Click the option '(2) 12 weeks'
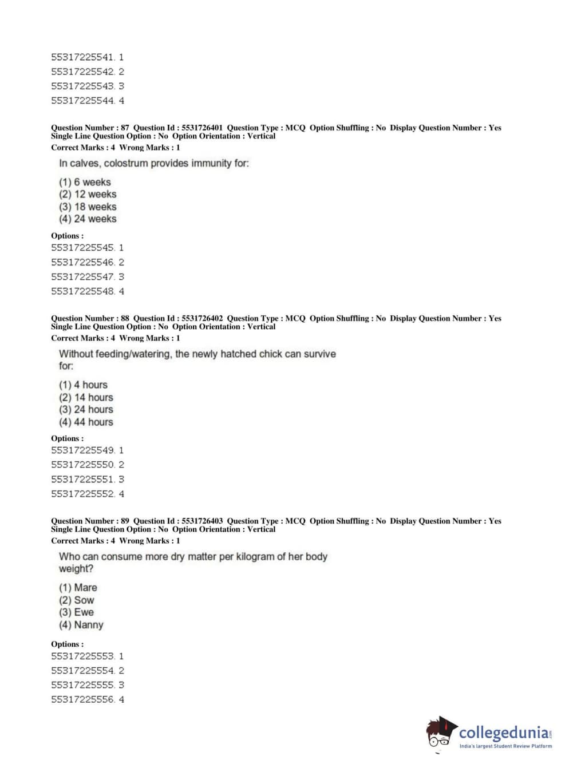coord(88,195)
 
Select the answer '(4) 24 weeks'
coord(88,219)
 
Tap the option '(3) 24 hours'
coord(86,410)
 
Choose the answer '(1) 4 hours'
coord(83,385)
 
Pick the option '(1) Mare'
coord(78,588)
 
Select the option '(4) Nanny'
coord(81,625)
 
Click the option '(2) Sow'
coord(76,600)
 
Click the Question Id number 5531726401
coord(202,128)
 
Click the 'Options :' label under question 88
coord(67,439)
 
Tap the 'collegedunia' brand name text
coord(504,733)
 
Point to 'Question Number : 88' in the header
coord(90,319)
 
